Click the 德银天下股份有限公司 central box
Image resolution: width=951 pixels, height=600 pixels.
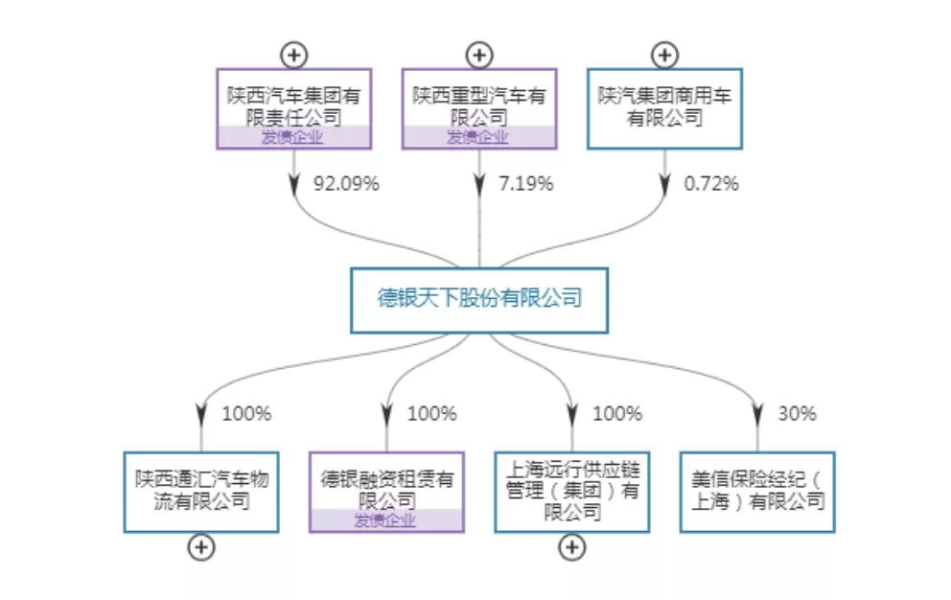[x=478, y=299]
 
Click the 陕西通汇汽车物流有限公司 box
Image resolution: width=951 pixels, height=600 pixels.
[x=200, y=492]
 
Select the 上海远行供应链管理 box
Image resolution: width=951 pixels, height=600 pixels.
[x=571, y=492]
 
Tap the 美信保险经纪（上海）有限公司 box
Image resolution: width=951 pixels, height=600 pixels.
[x=757, y=492]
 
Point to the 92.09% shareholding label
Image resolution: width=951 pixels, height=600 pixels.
[x=346, y=184]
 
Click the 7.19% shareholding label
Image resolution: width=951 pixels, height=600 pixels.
[x=526, y=184]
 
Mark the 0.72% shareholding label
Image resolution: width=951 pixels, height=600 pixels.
[x=711, y=184]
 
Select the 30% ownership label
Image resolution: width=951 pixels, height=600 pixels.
[x=797, y=414]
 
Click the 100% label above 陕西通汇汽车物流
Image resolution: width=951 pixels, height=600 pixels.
[x=246, y=414]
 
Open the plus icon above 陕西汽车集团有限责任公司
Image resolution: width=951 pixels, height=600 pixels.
[x=293, y=54]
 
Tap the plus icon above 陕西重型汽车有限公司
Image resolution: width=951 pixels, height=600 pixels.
[x=478, y=54]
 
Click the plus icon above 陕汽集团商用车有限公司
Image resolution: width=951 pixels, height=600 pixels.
[x=664, y=54]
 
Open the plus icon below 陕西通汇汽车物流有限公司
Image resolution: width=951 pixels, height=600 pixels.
[x=200, y=547]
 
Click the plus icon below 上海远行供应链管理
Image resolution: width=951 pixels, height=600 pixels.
[x=571, y=547]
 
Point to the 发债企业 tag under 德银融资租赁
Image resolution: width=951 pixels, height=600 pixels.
[x=386, y=521]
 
